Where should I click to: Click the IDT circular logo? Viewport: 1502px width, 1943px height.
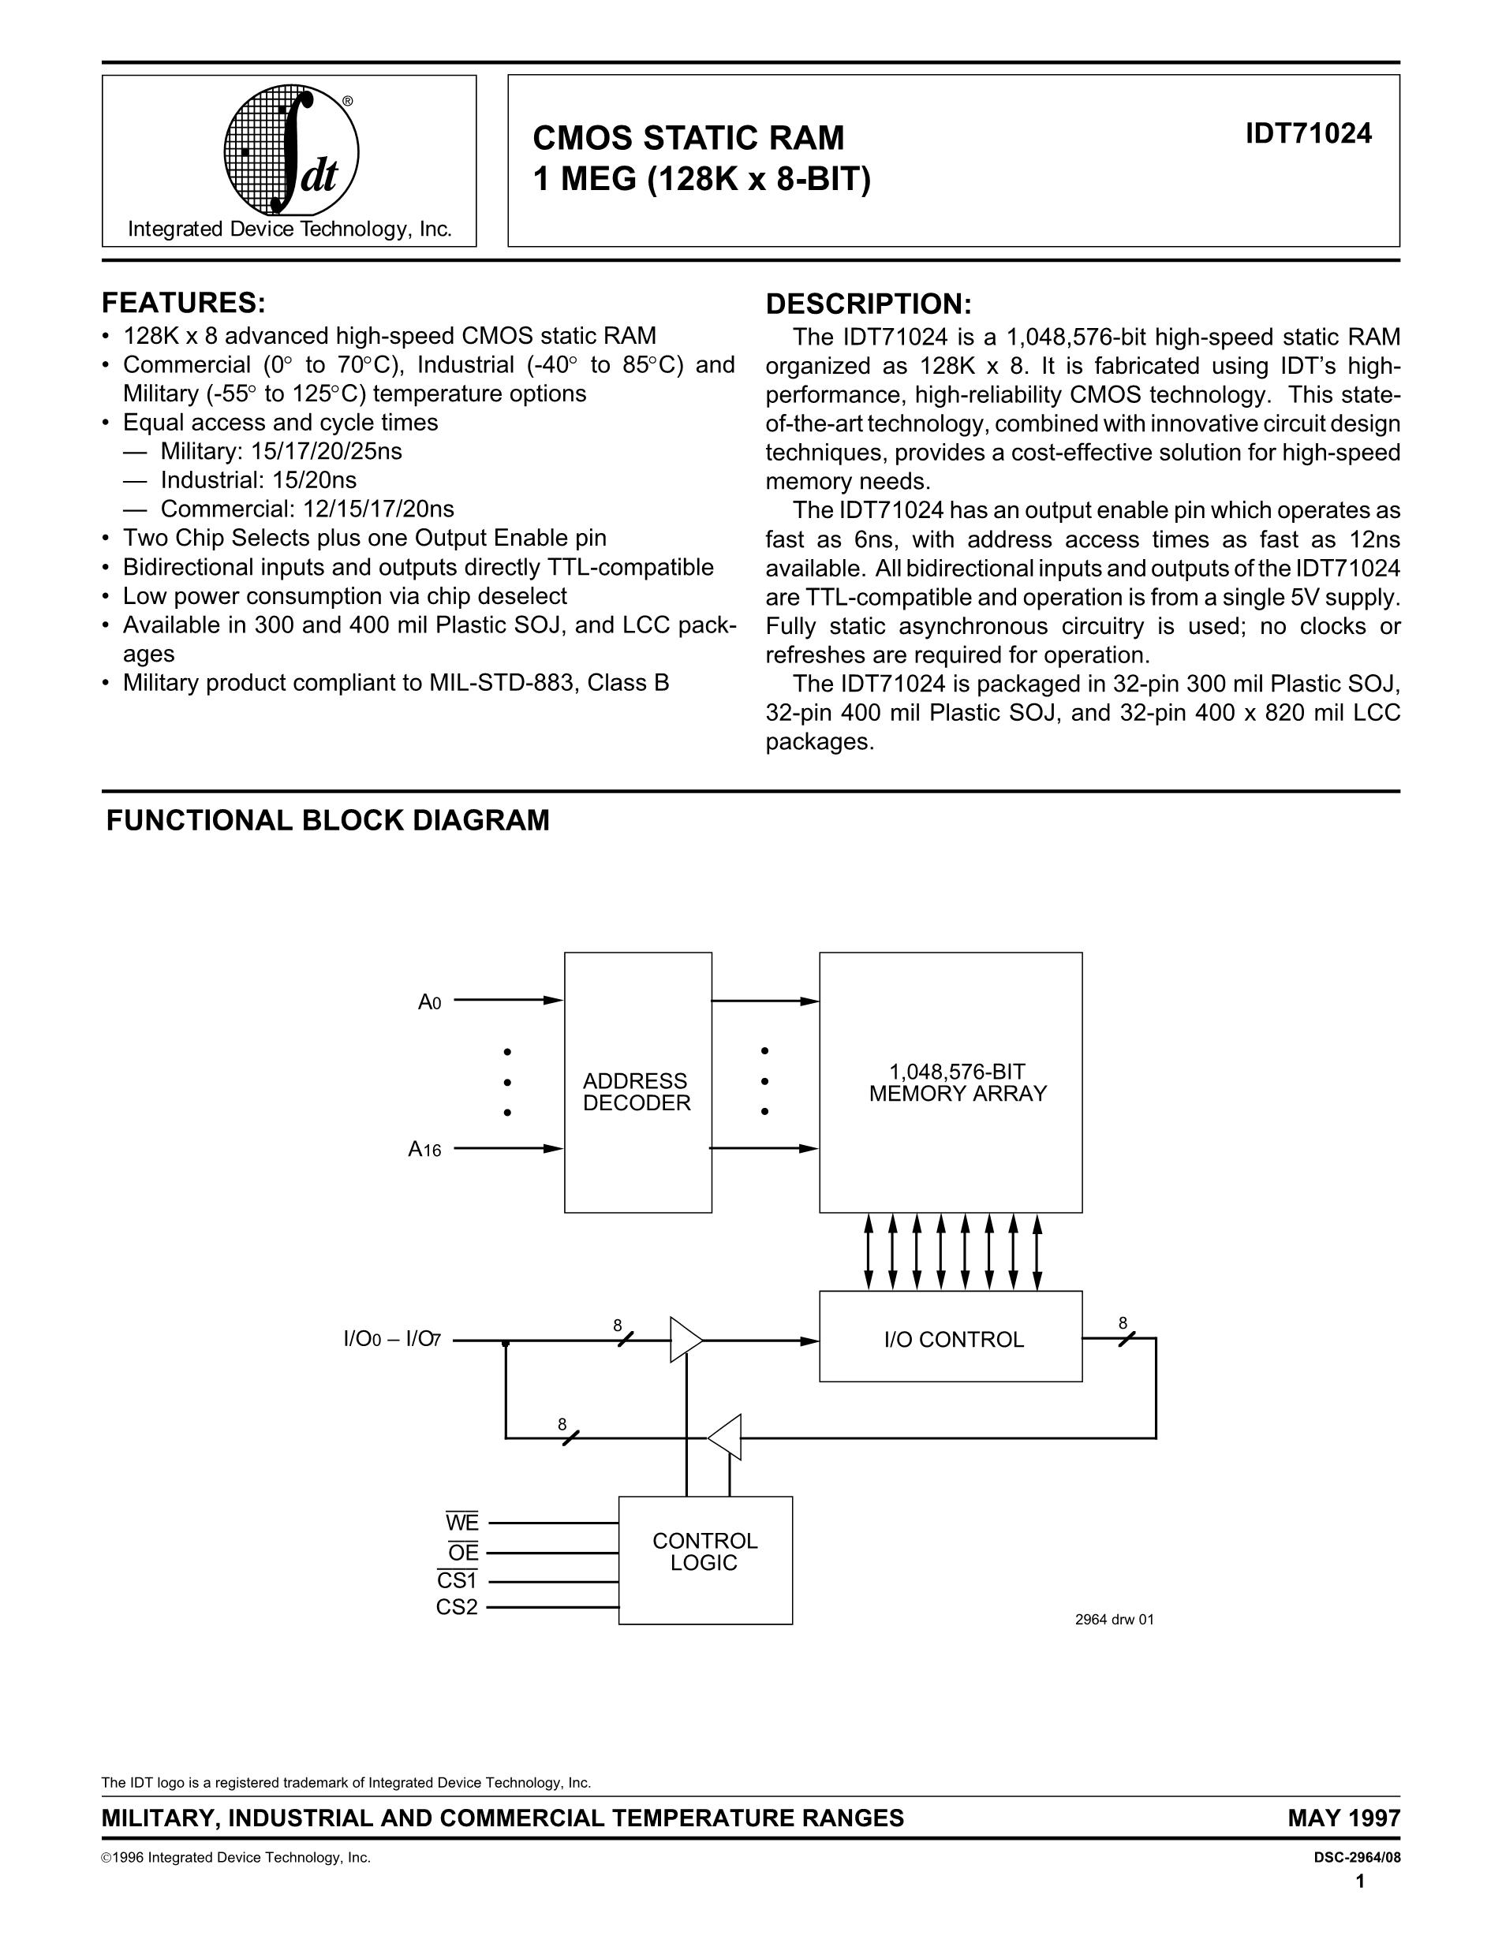[x=291, y=150]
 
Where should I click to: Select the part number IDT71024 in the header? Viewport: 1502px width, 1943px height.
[x=1308, y=133]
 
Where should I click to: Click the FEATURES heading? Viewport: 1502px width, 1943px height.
[x=183, y=304]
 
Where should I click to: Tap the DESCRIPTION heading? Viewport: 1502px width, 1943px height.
[x=869, y=304]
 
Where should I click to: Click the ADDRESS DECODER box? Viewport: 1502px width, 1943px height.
[x=637, y=1082]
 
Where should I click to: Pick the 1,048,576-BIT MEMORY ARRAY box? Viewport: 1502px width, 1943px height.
[x=951, y=1082]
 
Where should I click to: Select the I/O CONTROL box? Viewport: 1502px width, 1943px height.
[x=951, y=1340]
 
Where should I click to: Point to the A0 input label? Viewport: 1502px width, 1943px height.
[x=430, y=1002]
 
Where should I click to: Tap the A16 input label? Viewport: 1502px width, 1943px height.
[x=424, y=1150]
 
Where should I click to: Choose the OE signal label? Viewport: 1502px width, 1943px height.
[x=464, y=1553]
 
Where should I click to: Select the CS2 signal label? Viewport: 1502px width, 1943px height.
[x=457, y=1608]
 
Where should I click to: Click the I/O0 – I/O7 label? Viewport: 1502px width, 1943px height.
[x=391, y=1339]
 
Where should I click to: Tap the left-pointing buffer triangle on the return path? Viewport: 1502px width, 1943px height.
[x=726, y=1437]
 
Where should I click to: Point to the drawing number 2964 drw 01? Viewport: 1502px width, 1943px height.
[x=1114, y=1619]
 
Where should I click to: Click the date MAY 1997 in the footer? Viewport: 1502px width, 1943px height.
[x=1343, y=1818]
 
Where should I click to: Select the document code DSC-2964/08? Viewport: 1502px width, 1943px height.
[x=1351, y=1858]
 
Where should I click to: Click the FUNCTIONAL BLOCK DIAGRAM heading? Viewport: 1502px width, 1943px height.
[x=327, y=820]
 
